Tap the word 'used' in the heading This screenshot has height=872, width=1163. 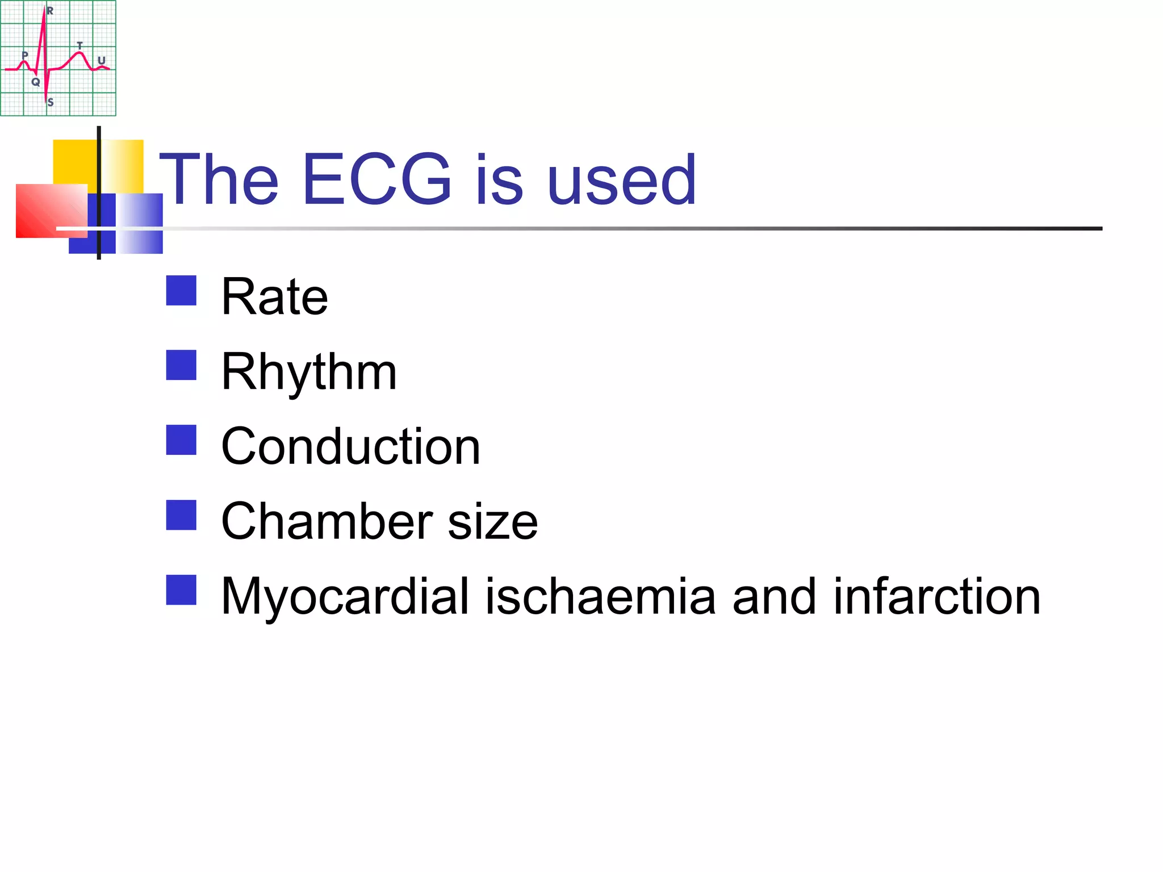pyautogui.click(x=621, y=179)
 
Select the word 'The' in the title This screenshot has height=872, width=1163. pyautogui.click(x=219, y=179)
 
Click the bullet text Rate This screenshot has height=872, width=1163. pyautogui.click(x=274, y=296)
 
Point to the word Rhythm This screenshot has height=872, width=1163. pyautogui.click(x=309, y=372)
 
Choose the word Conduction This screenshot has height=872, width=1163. pyautogui.click(x=350, y=447)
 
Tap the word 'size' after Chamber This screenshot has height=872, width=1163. pyautogui.click(x=492, y=522)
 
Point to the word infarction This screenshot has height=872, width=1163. pyautogui.click(x=936, y=596)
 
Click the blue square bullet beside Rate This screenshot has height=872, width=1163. pyautogui.click(x=181, y=291)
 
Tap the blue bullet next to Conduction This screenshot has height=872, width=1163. pyautogui.click(x=181, y=440)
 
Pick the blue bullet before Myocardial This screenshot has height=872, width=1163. pyautogui.click(x=181, y=590)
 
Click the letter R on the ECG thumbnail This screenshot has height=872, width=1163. pyautogui.click(x=50, y=11)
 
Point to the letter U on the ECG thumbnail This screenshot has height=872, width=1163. pyautogui.click(x=102, y=60)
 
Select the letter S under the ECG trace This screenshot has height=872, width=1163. pyautogui.click(x=51, y=103)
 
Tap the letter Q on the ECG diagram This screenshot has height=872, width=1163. pyautogui.click(x=36, y=82)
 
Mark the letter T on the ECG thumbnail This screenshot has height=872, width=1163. pyautogui.click(x=80, y=45)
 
